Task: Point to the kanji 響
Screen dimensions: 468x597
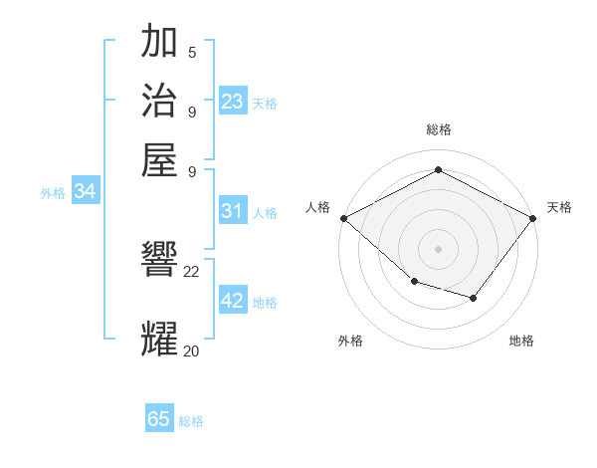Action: tap(160, 261)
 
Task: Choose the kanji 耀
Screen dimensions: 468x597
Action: tap(160, 339)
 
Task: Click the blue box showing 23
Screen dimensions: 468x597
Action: tap(232, 102)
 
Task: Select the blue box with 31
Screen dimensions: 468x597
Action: tap(232, 211)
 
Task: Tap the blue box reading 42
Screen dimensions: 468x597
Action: tap(232, 301)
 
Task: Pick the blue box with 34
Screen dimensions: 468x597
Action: tap(85, 192)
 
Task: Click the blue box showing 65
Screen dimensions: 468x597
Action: tap(159, 419)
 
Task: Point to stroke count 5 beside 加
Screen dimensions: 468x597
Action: tap(192, 52)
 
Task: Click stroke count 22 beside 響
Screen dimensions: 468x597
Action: tap(192, 271)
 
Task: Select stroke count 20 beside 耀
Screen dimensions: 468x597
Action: tap(192, 350)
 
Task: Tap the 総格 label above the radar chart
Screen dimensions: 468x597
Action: tap(439, 129)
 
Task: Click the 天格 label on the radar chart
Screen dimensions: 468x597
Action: tap(559, 207)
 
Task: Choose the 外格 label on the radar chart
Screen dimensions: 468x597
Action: tap(350, 341)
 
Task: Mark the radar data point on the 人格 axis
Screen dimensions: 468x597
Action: tap(343, 218)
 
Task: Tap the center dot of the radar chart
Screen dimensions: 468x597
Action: tap(439, 248)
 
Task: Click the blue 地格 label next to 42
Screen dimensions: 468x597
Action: tap(265, 302)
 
